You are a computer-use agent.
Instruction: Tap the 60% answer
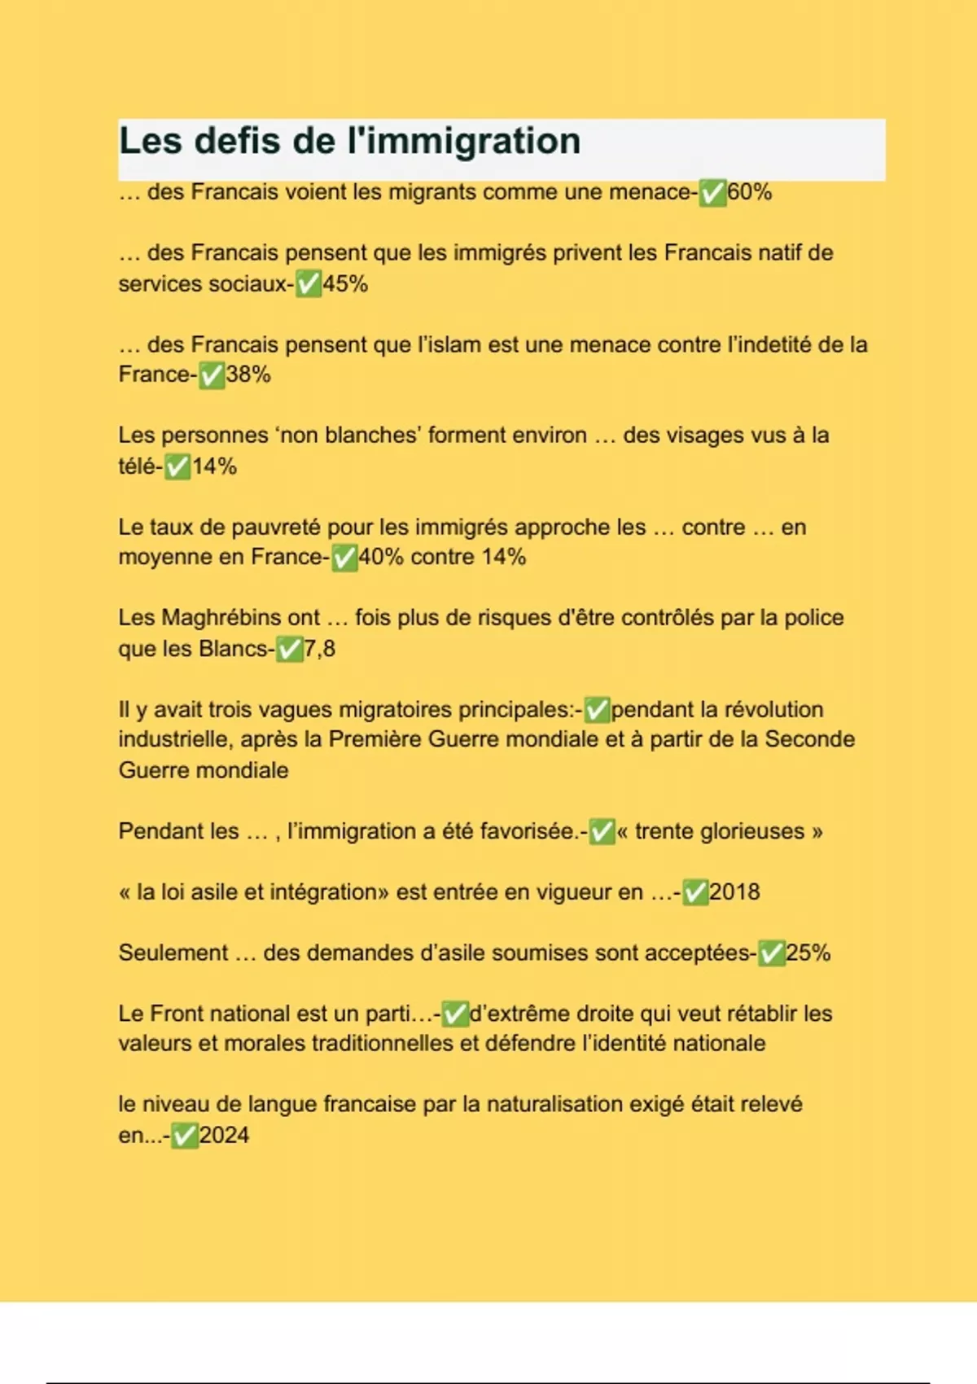(749, 193)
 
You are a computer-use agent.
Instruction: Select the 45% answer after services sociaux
(345, 284)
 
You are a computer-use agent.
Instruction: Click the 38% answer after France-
(248, 374)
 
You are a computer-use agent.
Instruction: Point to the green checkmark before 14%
(177, 467)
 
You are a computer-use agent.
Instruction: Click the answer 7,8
(319, 649)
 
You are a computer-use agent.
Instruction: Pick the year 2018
(734, 892)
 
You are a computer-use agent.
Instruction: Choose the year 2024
(224, 1136)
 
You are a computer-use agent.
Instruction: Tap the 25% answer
(808, 953)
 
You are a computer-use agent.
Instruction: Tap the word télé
(137, 466)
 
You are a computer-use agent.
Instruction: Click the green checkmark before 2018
(695, 893)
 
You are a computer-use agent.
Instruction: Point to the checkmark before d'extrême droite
(455, 1014)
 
